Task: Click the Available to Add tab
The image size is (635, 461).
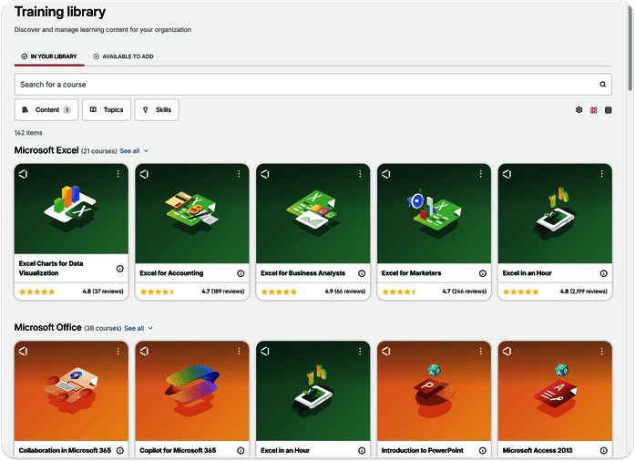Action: pyautogui.click(x=123, y=56)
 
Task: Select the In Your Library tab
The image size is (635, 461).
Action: pyautogui.click(x=49, y=56)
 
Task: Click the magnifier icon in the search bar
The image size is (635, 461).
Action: pyautogui.click(x=602, y=84)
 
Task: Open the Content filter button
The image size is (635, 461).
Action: pyautogui.click(x=46, y=109)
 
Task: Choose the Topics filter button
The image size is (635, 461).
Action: pyautogui.click(x=107, y=109)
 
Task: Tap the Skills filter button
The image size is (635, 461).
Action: pyautogui.click(x=157, y=109)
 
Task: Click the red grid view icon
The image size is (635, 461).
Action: pyautogui.click(x=593, y=110)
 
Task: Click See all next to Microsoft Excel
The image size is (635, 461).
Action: pyautogui.click(x=129, y=151)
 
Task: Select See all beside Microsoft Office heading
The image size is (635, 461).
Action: pyautogui.click(x=134, y=328)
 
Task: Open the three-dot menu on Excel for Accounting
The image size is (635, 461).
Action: pyautogui.click(x=239, y=174)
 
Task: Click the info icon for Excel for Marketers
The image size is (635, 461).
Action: pyautogui.click(x=482, y=273)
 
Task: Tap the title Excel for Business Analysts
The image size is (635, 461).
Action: pyautogui.click(x=302, y=273)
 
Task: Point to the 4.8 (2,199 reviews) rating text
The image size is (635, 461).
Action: pyautogui.click(x=584, y=292)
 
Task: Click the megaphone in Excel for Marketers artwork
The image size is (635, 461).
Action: pyautogui.click(x=415, y=200)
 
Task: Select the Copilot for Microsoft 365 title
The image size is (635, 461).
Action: pyautogui.click(x=178, y=450)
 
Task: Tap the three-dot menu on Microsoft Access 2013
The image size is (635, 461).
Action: pyautogui.click(x=602, y=352)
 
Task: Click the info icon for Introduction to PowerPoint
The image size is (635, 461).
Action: pyautogui.click(x=482, y=450)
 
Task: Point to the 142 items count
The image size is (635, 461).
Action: pyautogui.click(x=28, y=133)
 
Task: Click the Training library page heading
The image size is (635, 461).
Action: pyautogui.click(x=60, y=12)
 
